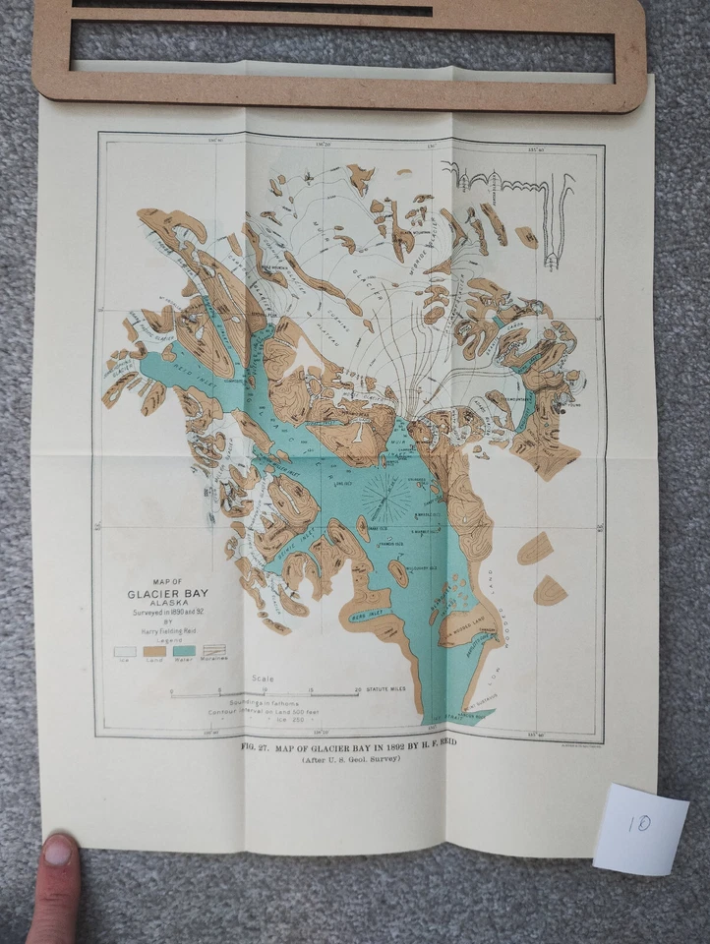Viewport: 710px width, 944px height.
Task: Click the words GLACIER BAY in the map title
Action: point(167,594)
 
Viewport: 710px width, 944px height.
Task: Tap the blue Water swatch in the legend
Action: point(184,651)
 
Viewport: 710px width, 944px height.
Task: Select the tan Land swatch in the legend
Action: point(154,651)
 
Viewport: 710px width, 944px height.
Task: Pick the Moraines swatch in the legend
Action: point(213,651)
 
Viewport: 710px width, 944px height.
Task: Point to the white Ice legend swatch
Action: point(125,651)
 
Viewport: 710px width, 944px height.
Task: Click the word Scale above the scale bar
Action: point(264,678)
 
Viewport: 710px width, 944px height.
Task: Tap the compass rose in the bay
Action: point(385,496)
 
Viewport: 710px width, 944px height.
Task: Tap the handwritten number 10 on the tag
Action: point(639,824)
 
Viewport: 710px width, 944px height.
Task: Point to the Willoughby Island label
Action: point(420,567)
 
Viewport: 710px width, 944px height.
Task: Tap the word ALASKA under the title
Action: point(167,608)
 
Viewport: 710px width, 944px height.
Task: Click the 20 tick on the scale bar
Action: point(358,691)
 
